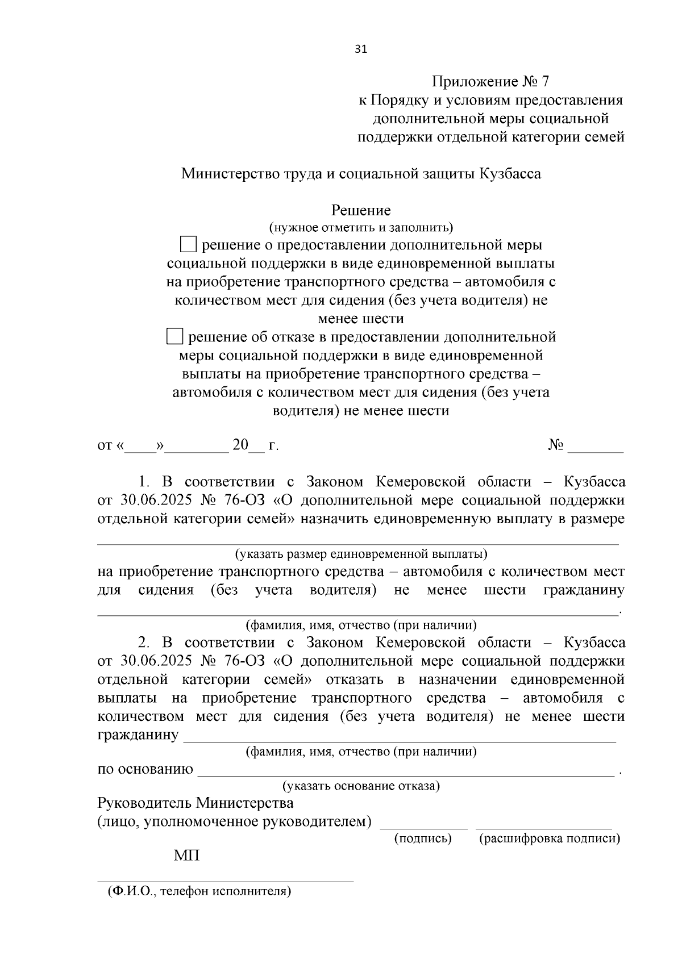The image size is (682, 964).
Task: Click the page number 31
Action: click(361, 49)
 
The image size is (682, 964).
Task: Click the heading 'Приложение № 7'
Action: click(490, 81)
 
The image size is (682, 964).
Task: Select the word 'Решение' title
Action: click(361, 211)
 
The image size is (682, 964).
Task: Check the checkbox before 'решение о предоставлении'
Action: click(188, 245)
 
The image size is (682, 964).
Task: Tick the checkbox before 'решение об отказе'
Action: click(174, 337)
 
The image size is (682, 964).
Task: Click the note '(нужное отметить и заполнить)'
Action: click(361, 228)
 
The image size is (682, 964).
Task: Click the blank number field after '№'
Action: click(595, 447)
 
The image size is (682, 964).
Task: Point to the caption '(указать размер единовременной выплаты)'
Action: click(361, 553)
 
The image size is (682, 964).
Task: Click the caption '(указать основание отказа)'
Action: click(361, 786)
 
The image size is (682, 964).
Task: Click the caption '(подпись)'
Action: click(423, 838)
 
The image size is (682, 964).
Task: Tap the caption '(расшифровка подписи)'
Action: click(550, 838)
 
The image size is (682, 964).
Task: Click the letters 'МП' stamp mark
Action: click(186, 856)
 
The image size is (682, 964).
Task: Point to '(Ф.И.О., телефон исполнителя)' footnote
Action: click(199, 891)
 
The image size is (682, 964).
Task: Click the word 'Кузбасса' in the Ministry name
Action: click(510, 174)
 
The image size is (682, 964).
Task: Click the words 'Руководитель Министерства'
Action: click(196, 803)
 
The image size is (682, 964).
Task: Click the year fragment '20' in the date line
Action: click(240, 445)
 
